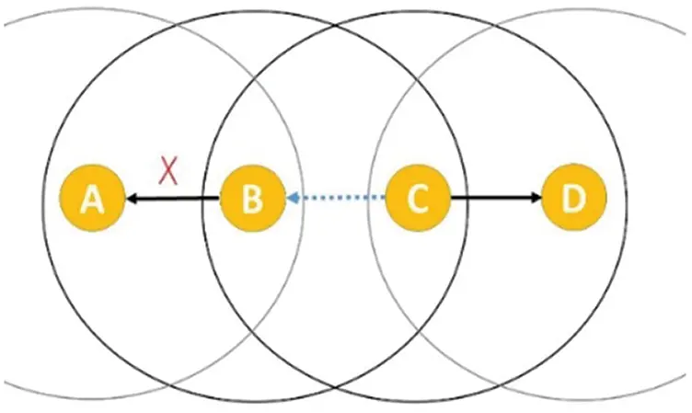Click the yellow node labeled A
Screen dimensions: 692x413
(92, 198)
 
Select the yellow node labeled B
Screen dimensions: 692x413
(252, 198)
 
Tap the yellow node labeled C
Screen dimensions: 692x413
(418, 198)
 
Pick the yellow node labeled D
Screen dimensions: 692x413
(573, 197)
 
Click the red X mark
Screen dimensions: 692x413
(168, 171)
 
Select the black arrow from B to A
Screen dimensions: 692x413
(173, 199)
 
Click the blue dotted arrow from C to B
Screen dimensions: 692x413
(336, 198)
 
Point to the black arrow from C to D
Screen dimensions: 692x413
(496, 197)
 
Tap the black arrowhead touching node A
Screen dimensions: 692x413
(132, 199)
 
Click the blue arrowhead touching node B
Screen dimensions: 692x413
(293, 198)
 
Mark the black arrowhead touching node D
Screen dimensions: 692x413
(536, 197)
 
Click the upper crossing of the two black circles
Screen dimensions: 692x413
(335, 27)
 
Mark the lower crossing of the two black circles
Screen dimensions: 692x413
(335, 387)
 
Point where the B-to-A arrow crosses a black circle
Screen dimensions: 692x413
(202, 199)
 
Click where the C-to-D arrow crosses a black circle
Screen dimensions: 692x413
(466, 197)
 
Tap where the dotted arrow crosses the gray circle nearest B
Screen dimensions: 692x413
(303, 198)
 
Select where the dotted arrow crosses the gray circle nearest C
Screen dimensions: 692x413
(370, 198)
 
